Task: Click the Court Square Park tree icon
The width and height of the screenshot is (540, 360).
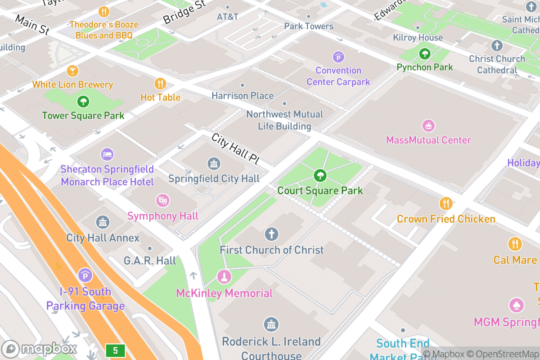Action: (x=320, y=175)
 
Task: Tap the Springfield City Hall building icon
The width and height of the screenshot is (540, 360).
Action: (x=214, y=163)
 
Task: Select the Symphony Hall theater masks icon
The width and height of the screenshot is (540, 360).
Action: (x=162, y=200)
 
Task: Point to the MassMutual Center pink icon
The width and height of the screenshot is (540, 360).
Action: (x=428, y=126)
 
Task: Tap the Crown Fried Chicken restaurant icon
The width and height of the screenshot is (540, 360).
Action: (x=445, y=203)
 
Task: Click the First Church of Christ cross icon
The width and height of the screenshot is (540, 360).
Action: (x=271, y=234)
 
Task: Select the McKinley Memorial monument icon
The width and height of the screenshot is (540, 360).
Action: (x=224, y=277)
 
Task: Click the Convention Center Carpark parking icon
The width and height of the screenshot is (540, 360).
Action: (x=338, y=57)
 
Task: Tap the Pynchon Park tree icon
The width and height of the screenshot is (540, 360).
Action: (x=424, y=54)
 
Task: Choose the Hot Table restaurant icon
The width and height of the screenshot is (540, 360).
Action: (x=160, y=83)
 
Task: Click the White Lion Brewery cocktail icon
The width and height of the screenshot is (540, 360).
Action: (x=72, y=71)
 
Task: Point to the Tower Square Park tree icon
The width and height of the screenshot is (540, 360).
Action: (x=83, y=101)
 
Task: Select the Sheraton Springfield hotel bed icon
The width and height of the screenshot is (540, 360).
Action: (x=107, y=154)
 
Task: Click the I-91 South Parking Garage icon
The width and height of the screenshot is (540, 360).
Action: (x=85, y=275)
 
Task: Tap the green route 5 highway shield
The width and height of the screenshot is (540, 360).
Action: (x=115, y=350)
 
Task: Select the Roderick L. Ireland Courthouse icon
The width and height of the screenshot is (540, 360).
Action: (x=271, y=324)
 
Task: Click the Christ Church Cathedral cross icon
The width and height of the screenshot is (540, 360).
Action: (x=497, y=45)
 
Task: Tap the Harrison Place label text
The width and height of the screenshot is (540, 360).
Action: (x=243, y=96)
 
